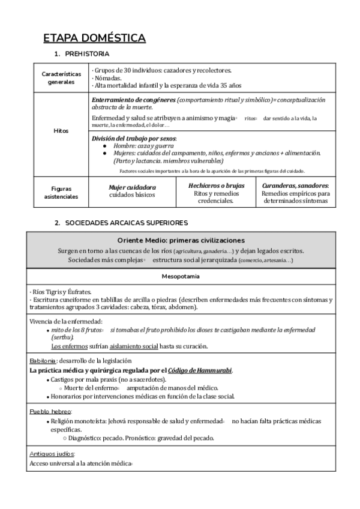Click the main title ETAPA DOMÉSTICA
coord(94,39)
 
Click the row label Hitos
coord(61,130)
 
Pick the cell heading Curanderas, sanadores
coord(295,186)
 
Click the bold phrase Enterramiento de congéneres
coord(134,99)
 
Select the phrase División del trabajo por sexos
coord(134,139)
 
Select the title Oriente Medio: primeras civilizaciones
coord(181,240)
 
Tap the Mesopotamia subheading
coord(181,277)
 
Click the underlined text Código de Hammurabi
coord(199,370)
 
